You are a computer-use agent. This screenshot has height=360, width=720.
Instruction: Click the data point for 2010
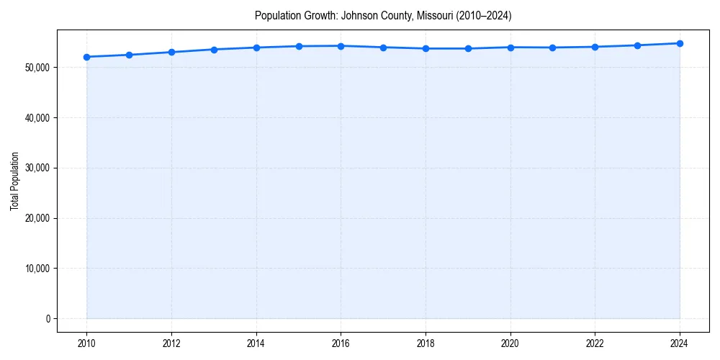(x=87, y=57)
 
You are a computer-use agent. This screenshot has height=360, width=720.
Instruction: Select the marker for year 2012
(x=171, y=52)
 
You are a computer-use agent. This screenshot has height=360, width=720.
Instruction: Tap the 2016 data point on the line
(x=341, y=46)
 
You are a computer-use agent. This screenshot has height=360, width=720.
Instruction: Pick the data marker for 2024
(x=680, y=43)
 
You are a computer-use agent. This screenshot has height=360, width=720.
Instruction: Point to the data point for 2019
(x=468, y=48)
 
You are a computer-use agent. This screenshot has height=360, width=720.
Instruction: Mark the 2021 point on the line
(x=552, y=48)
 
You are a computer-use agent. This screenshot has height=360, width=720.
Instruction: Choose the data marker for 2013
(x=214, y=50)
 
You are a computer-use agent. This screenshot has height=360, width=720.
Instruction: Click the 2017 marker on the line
(x=383, y=48)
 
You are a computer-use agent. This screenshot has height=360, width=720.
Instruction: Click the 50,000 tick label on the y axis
(x=37, y=68)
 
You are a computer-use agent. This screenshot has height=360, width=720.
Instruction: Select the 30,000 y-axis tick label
(x=37, y=168)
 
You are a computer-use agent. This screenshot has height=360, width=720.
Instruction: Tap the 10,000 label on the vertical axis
(x=37, y=269)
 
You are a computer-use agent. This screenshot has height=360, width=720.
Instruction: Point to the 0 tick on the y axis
(x=48, y=319)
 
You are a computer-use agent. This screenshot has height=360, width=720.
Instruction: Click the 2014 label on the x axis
(x=256, y=343)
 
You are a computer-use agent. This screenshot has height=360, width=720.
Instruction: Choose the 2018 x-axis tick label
(x=426, y=343)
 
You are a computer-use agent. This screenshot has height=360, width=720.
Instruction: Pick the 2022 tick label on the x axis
(x=595, y=343)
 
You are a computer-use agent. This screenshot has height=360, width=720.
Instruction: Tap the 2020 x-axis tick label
(x=510, y=343)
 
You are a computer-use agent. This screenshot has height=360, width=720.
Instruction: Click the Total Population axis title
(x=14, y=181)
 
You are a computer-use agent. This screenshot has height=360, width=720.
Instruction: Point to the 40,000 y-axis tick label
(x=37, y=118)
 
